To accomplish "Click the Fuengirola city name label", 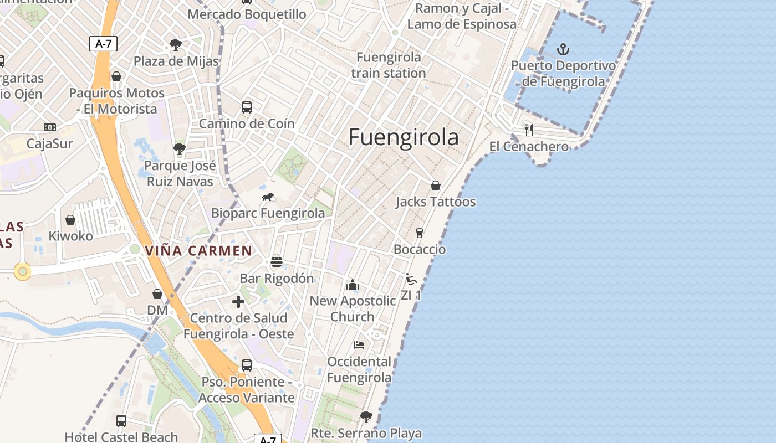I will click(x=404, y=137).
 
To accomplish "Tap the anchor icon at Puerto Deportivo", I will click(x=563, y=50).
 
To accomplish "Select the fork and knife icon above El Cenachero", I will click(x=529, y=130).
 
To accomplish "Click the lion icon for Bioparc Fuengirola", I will click(x=268, y=197).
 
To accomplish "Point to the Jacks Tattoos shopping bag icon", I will click(x=436, y=186).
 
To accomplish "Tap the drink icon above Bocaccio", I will click(x=420, y=233).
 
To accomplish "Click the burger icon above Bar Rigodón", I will click(x=277, y=262).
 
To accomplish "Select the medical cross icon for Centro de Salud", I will click(x=238, y=302).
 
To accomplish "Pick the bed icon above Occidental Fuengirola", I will click(x=359, y=345).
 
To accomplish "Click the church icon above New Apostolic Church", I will click(x=353, y=285).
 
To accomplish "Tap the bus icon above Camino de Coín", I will click(x=247, y=107).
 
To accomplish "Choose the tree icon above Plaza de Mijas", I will click(x=176, y=45).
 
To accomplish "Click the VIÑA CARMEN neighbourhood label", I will click(x=198, y=251).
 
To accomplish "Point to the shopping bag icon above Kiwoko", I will click(x=70, y=220).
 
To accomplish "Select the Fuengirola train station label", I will click(x=389, y=65).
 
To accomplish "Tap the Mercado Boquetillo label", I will click(x=247, y=14).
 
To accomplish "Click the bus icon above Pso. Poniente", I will click(x=247, y=365).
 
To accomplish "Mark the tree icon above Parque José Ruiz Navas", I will click(x=179, y=148).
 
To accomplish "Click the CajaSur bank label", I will click(x=50, y=144).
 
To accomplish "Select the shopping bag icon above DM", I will click(x=157, y=294).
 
